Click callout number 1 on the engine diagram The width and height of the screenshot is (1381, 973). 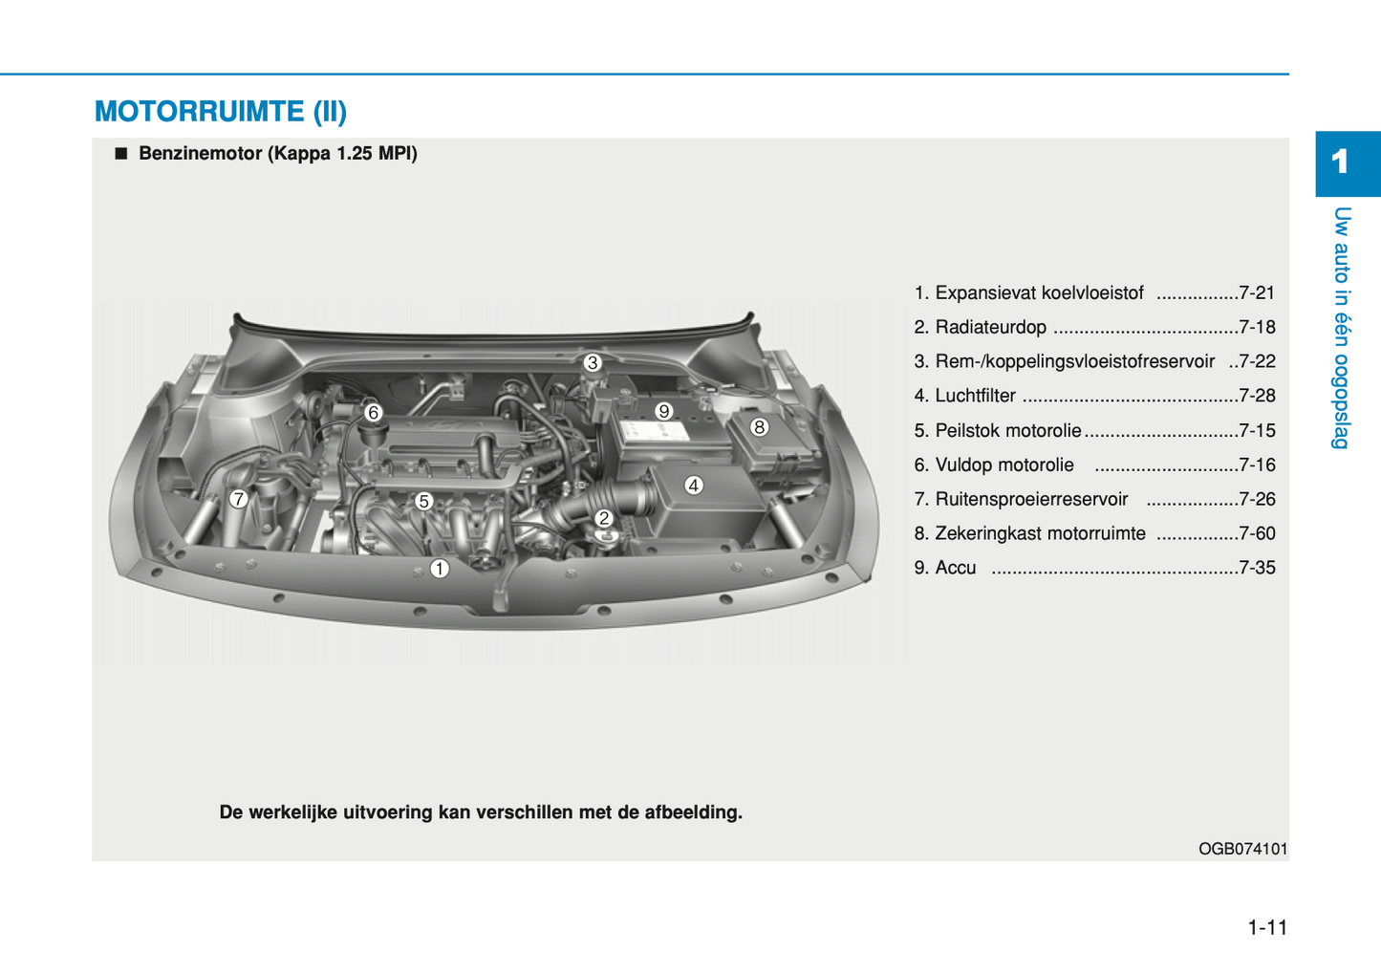click(x=439, y=569)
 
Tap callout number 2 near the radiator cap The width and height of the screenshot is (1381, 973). click(x=603, y=518)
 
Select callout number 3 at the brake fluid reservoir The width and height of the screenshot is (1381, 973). click(x=593, y=363)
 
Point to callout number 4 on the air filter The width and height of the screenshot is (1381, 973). click(x=694, y=486)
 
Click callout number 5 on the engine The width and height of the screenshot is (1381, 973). click(x=423, y=501)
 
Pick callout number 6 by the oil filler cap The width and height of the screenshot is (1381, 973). click(x=374, y=413)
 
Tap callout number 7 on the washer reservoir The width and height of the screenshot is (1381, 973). click(x=239, y=498)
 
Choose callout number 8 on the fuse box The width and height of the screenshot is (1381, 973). click(x=759, y=427)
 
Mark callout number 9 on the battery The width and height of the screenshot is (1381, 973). click(x=663, y=412)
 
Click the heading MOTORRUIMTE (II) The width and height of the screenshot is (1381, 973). click(x=221, y=112)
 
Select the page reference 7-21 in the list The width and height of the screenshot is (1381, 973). click(x=1256, y=293)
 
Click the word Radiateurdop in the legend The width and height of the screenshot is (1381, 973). click(x=990, y=328)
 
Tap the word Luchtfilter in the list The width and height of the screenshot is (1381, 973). click(x=975, y=397)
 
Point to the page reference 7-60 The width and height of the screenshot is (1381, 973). click(x=1256, y=534)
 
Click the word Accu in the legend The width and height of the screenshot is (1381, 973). click(x=955, y=569)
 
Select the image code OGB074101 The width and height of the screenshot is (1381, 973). click(x=1242, y=849)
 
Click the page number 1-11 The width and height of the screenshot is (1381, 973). click(x=1267, y=928)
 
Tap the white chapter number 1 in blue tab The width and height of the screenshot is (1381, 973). click(x=1340, y=162)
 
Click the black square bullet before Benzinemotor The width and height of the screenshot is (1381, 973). click(x=120, y=154)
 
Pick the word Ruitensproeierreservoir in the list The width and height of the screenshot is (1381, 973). click(x=1031, y=500)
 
